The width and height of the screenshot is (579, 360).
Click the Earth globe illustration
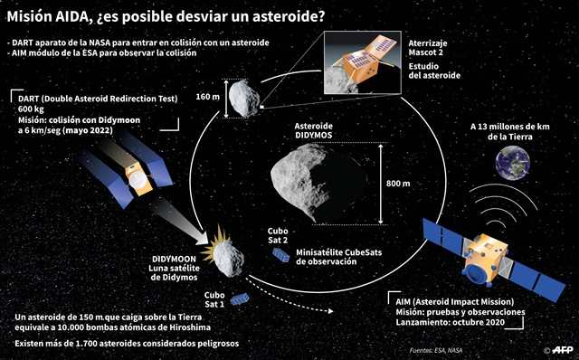click(x=513, y=163)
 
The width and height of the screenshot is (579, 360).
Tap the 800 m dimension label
click(x=398, y=183)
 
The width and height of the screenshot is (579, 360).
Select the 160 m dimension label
click(x=207, y=97)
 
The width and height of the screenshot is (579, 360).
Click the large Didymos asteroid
click(x=318, y=183)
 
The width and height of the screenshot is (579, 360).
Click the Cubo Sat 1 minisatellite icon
click(x=240, y=298)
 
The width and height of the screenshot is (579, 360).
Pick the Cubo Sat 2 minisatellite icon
click(x=281, y=255)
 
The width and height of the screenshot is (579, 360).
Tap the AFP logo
click(x=563, y=350)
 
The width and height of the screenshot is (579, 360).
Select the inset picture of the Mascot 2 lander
click(x=362, y=62)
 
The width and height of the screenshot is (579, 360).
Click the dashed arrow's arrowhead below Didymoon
click(x=331, y=311)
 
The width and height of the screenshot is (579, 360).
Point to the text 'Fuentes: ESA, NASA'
click(x=436, y=350)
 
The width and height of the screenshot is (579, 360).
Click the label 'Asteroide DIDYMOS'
click(x=314, y=131)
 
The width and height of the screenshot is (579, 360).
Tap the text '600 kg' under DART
click(x=31, y=109)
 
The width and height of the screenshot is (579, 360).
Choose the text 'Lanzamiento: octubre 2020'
click(x=451, y=322)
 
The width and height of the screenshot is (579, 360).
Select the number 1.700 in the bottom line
click(x=87, y=344)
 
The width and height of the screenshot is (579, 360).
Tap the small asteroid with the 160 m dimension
click(x=243, y=99)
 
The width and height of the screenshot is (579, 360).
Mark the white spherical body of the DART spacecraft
click(x=138, y=180)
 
